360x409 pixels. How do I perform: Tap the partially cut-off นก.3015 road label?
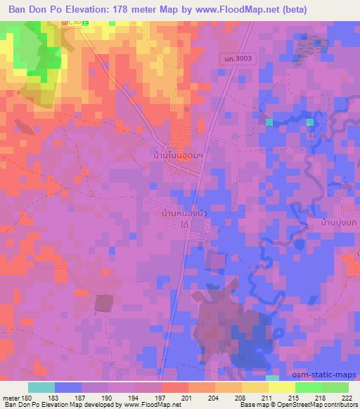pyautogui.click(x=75, y=24)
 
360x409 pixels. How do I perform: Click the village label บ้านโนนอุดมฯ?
pyautogui.click(x=178, y=151)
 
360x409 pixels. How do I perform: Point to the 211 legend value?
pyautogui.click(x=267, y=398)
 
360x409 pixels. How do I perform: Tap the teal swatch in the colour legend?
pyautogui.click(x=41, y=387)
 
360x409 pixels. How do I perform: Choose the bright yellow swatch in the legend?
pyautogui.click(x=281, y=387)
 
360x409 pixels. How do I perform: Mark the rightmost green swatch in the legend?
pyautogui.click(x=334, y=387)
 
